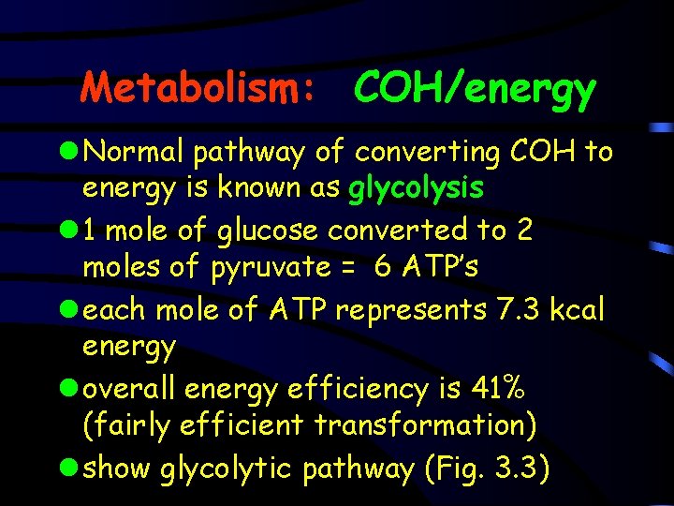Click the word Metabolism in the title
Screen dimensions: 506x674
[x=191, y=88]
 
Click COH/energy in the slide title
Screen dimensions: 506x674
[x=474, y=89]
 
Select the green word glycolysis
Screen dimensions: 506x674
[x=416, y=188]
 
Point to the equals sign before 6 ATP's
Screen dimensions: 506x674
[x=346, y=269]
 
